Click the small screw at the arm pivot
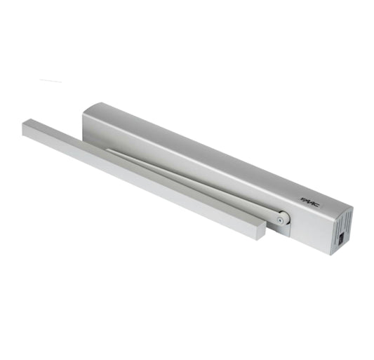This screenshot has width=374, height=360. click(x=280, y=221)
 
